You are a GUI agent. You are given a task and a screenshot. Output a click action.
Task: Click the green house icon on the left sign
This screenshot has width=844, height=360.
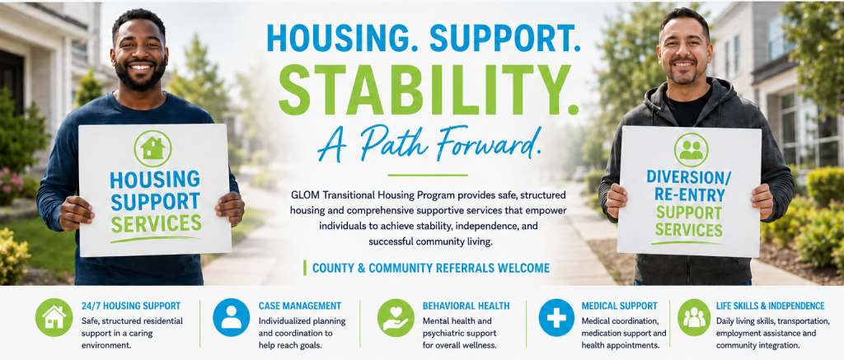click(152, 148)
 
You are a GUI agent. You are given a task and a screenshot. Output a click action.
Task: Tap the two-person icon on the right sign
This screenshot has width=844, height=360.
click(691, 150)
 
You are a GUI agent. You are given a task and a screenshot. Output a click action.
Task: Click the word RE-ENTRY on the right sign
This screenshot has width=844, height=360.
click(690, 195)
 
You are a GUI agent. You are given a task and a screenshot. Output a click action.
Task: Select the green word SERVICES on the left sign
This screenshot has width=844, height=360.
click(156, 222)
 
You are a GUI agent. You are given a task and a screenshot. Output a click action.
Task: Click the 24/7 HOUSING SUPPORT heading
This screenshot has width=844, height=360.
click(131, 306)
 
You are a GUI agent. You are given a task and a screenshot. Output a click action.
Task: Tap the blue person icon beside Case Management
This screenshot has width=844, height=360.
click(232, 317)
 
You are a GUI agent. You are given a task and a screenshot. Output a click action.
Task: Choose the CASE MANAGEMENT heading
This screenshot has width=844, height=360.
click(300, 306)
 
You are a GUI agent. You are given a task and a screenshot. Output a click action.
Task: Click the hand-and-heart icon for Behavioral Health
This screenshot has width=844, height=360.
click(396, 317)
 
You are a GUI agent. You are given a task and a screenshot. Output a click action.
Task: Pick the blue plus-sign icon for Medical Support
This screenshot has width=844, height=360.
click(556, 317)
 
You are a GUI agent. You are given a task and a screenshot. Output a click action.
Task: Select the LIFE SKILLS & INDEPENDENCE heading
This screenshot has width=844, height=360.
click(771, 306)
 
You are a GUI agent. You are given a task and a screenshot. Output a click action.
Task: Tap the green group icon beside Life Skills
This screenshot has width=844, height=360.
click(694, 317)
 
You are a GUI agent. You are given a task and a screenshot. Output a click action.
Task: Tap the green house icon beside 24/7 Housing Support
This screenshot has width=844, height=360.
click(54, 317)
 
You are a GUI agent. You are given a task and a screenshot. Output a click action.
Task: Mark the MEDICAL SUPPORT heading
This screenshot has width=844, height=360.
click(620, 306)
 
